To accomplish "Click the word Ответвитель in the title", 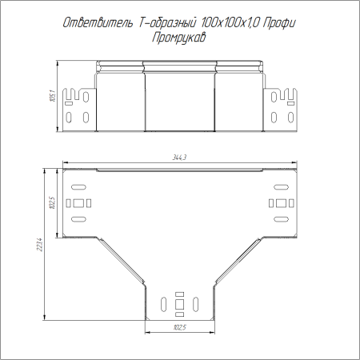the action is click(x=98, y=22).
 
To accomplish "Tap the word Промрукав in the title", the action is click(x=179, y=38).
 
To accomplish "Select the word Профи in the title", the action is click(x=279, y=23).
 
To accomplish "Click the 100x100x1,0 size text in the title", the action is click(x=230, y=23).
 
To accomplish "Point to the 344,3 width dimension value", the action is click(x=179, y=158).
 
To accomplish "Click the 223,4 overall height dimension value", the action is click(x=40, y=244).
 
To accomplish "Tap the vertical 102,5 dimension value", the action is click(x=52, y=202).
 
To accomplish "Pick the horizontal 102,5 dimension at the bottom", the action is click(x=180, y=327).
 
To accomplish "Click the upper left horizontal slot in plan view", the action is click(x=78, y=187).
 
